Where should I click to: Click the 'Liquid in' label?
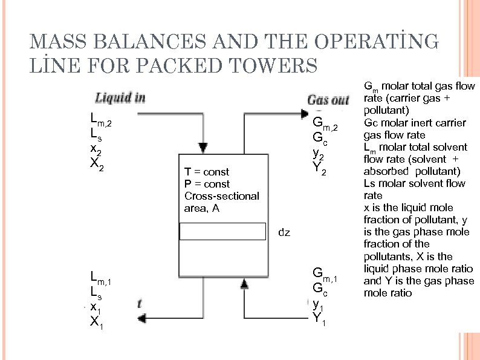pyautogui.click(x=120, y=98)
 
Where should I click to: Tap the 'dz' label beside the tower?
pyautogui.click(x=284, y=232)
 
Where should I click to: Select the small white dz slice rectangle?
pyautogui.click(x=223, y=232)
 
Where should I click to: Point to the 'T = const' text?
pyautogui.click(x=207, y=172)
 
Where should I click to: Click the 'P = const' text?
pyautogui.click(x=207, y=184)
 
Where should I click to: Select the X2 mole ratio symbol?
pyautogui.click(x=96, y=165)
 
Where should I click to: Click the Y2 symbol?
pyautogui.click(x=320, y=171)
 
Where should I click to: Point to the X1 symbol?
pyautogui.click(x=96, y=322)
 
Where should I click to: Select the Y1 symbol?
pyautogui.click(x=320, y=317)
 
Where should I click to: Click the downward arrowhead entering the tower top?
pyautogui.click(x=203, y=147)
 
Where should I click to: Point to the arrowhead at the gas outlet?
pyautogui.click(x=305, y=112)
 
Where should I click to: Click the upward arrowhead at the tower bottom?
pyautogui.click(x=244, y=283)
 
